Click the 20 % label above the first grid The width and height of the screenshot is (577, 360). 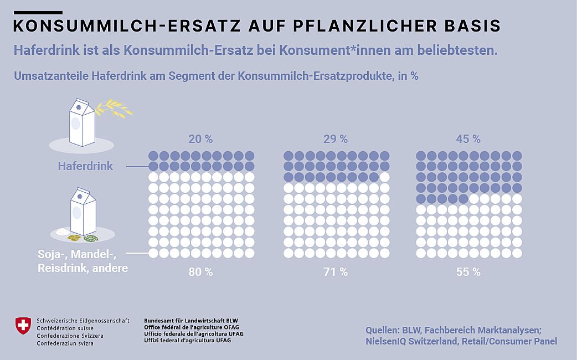pyautogui.click(x=200, y=138)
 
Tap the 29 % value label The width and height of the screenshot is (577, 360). pyautogui.click(x=336, y=138)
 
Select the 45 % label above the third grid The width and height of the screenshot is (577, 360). pyautogui.click(x=468, y=138)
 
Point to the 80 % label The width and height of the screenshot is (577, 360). pyautogui.click(x=200, y=272)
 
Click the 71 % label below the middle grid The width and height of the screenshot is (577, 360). pyautogui.click(x=336, y=272)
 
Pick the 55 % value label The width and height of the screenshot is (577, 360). pyautogui.click(x=468, y=272)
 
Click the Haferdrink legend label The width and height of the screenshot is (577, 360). pyautogui.click(x=85, y=166)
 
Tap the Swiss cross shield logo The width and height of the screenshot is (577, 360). pyautogui.click(x=23, y=325)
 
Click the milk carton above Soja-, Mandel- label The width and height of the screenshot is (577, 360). pyautogui.click(x=83, y=212)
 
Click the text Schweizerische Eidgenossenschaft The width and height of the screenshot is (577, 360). pyautogui.click(x=83, y=321)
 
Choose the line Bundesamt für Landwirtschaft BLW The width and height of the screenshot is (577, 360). pyautogui.click(x=191, y=321)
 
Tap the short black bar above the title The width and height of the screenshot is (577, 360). pyautogui.click(x=37, y=12)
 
